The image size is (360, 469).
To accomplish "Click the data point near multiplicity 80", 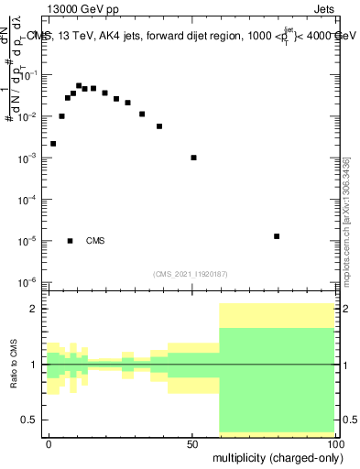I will point(277,236).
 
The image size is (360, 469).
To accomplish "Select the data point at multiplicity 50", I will point(193,158).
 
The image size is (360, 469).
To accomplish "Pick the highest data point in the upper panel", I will point(79,85).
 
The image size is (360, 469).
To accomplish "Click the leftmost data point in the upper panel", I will point(53,144).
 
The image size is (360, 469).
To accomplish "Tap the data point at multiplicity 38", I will point(159,126).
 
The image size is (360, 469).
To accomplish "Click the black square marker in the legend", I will point(71,241).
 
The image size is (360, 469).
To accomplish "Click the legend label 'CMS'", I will point(95,241).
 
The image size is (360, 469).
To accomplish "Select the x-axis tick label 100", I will point(335,442).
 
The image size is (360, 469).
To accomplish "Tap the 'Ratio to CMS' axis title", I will point(12,365).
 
